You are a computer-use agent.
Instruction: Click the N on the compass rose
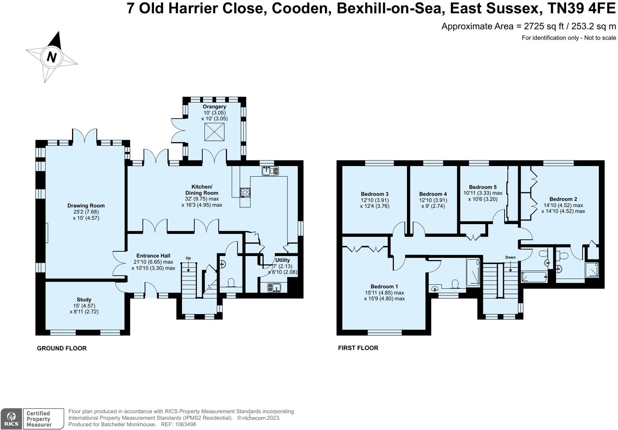point(51,57)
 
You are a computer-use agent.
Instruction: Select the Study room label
point(84,299)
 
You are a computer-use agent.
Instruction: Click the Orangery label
point(214,107)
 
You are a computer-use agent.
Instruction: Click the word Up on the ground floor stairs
point(188,258)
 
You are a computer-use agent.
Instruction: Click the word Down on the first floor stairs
point(510,257)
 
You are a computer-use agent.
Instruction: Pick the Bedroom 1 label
point(384,286)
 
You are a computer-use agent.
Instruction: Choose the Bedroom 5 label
point(483,187)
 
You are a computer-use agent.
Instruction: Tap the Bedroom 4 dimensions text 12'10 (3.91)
point(433,200)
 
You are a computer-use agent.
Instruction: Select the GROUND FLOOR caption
point(62,348)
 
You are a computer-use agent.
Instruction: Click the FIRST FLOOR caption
point(358,348)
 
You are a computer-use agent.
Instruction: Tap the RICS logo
point(11,419)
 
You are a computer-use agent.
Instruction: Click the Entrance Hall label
point(153,256)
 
